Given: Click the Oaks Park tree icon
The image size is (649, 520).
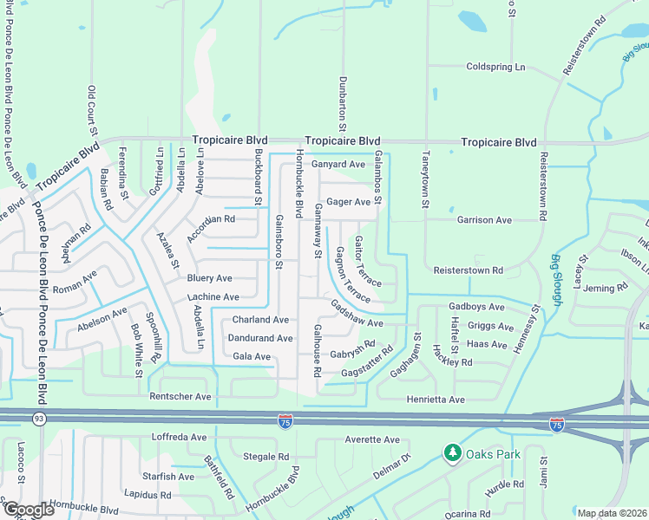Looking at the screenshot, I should [x=451, y=452].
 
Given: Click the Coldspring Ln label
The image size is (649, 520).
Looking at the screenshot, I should [x=495, y=67].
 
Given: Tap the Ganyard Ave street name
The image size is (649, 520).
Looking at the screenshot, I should [x=338, y=164].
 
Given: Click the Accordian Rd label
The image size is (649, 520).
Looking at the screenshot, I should [x=211, y=219].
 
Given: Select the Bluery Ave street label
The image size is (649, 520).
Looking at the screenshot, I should [x=210, y=278].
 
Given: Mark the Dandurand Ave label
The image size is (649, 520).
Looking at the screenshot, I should [x=260, y=338].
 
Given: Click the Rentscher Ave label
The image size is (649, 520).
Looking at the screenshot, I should [x=180, y=397].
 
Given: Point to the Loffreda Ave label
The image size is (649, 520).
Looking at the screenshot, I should [x=179, y=437].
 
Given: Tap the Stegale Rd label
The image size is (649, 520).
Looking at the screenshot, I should [x=265, y=456].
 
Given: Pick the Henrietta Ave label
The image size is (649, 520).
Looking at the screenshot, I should [x=436, y=400].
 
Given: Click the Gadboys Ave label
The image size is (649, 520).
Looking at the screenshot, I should [x=476, y=307].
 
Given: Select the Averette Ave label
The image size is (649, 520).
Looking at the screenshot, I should [x=371, y=440].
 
